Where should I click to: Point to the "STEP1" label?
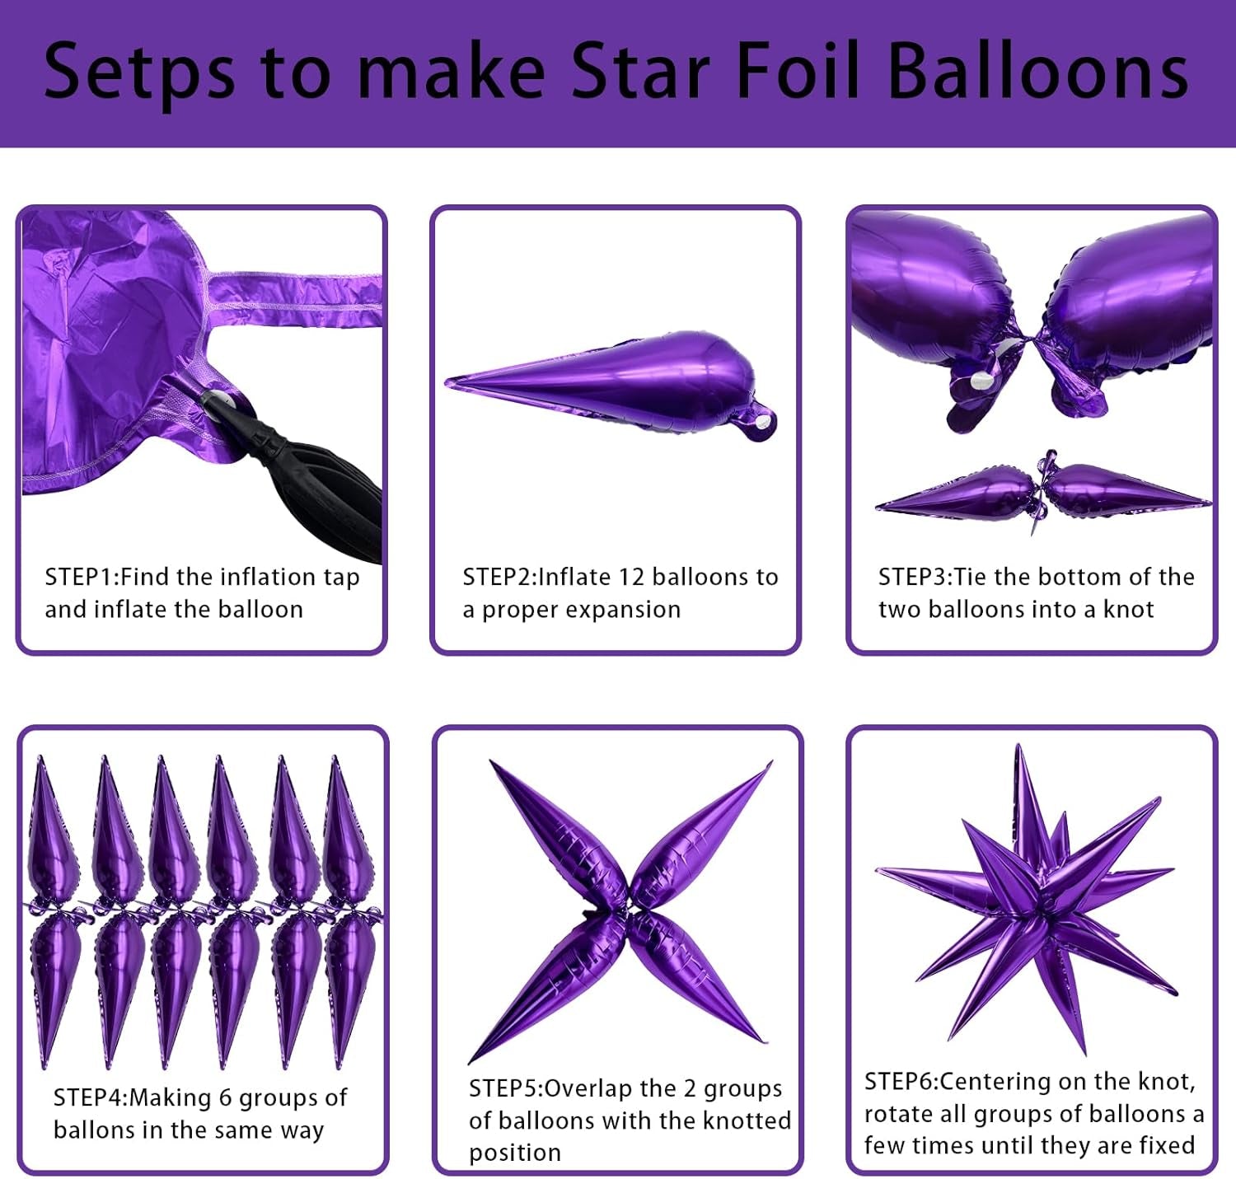pyautogui.click(x=80, y=577)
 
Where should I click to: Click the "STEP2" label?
pyautogui.click(x=498, y=577)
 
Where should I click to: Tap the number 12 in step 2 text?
pyautogui.click(x=632, y=577)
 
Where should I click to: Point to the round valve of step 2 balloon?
pyautogui.click(x=762, y=422)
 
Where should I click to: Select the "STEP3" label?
pyautogui.click(x=914, y=577)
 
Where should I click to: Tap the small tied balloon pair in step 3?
pyautogui.click(x=1042, y=493)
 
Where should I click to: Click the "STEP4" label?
pyautogui.click(x=89, y=1097)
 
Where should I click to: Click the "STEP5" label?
pyautogui.click(x=504, y=1088)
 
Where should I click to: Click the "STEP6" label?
pyautogui.click(x=900, y=1081)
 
